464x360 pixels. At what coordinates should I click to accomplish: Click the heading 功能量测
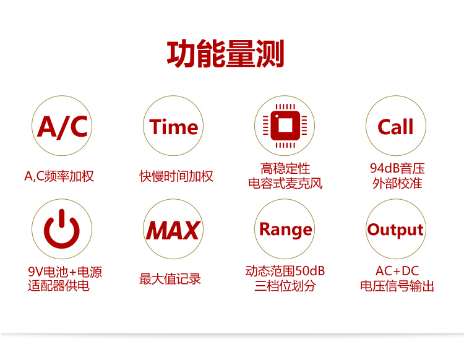[x=225, y=54]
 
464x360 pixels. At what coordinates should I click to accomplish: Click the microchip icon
[x=285, y=126]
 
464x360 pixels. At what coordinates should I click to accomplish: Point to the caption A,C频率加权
[x=59, y=176]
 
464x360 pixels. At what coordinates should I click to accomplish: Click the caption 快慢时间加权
[x=176, y=176]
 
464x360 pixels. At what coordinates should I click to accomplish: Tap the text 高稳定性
[x=285, y=169]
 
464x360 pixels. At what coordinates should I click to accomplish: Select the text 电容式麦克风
[x=285, y=183]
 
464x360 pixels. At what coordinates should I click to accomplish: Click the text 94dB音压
[x=397, y=168]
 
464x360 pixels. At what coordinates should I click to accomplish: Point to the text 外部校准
[x=397, y=183]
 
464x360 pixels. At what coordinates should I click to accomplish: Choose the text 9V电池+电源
[x=65, y=272]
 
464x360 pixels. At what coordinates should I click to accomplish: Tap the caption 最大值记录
[x=170, y=279]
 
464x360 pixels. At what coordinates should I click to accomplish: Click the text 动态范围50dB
[x=285, y=271]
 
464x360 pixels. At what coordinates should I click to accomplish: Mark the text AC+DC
[x=397, y=271]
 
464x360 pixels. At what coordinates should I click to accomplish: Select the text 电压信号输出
[x=397, y=286]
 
